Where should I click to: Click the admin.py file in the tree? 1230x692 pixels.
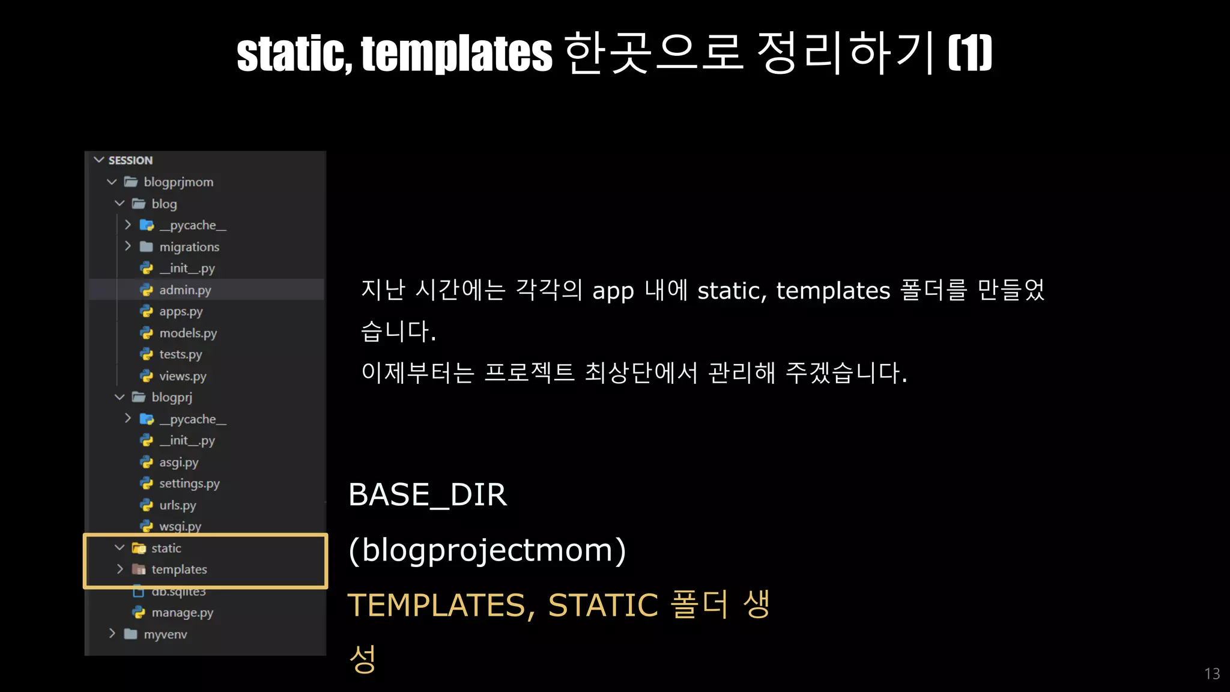click(184, 290)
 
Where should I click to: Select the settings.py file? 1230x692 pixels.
click(189, 484)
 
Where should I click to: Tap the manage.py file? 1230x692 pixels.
click(182, 613)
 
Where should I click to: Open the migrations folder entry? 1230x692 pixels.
click(189, 247)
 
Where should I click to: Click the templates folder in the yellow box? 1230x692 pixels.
click(179, 569)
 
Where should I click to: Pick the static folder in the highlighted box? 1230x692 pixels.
click(166, 548)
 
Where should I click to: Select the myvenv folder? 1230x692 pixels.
click(165, 634)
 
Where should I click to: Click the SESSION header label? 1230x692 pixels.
click(130, 160)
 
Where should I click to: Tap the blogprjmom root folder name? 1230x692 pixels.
click(178, 182)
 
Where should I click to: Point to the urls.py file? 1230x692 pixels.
click(177, 505)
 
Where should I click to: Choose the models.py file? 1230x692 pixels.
click(187, 333)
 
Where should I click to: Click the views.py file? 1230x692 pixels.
click(182, 376)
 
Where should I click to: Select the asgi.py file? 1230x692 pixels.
click(178, 463)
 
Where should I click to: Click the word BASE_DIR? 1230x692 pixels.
click(428, 495)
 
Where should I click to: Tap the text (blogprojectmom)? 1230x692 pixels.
click(487, 550)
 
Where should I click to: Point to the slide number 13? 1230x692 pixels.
click(1212, 674)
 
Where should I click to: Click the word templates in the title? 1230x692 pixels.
click(456, 53)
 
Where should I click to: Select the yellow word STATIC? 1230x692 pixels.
click(603, 605)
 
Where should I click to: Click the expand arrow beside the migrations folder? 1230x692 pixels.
click(128, 246)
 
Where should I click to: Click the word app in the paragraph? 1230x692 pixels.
click(613, 291)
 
